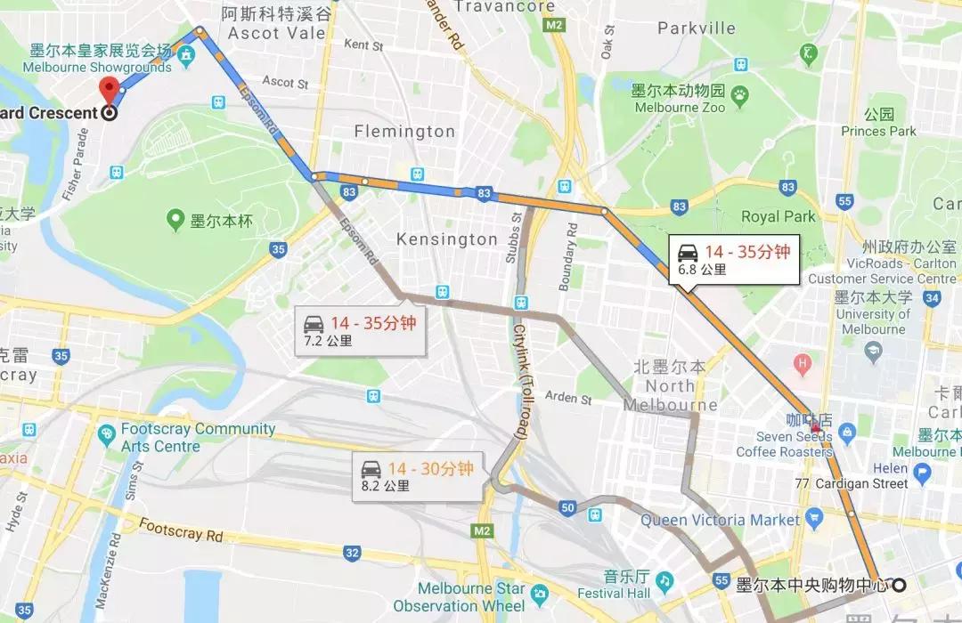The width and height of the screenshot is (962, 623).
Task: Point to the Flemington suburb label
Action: click(404, 132)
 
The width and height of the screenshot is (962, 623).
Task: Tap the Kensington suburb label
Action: click(446, 239)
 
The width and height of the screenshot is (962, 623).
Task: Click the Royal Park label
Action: click(778, 216)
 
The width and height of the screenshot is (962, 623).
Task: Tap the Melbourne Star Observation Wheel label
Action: click(471, 597)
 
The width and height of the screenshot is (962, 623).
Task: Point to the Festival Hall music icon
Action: click(664, 580)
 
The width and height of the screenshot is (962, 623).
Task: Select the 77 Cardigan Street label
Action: click(855, 484)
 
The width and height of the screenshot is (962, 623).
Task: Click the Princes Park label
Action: click(878, 123)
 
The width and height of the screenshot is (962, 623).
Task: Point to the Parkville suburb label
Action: click(697, 28)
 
